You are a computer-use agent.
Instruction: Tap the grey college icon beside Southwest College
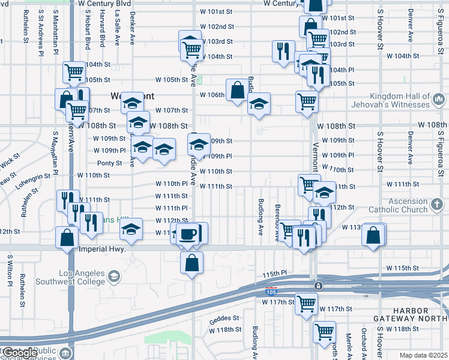pyautogui.click(x=115, y=277)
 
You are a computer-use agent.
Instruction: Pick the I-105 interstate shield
pyautogui.click(x=271, y=292)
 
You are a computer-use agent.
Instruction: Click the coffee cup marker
pyautogui.click(x=188, y=233)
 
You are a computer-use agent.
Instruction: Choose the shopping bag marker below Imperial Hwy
pyautogui.click(x=191, y=263)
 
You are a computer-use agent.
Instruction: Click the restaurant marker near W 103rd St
pyautogui.click(x=282, y=51)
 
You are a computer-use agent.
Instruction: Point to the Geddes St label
pyautogui.click(x=224, y=318)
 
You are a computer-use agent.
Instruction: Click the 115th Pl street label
pyautogui.click(x=271, y=274)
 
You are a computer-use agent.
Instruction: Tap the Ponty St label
pyautogui.click(x=110, y=163)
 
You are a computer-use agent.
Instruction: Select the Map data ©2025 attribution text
pyautogui.click(x=424, y=355)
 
